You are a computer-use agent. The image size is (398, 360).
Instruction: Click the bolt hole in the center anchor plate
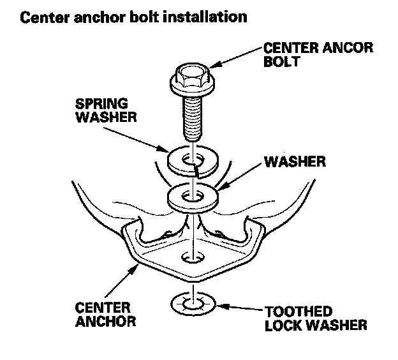[191, 258]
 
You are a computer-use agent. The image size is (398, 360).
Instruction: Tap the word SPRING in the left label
[101, 103]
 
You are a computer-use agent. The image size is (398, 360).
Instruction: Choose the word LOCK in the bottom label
[281, 325]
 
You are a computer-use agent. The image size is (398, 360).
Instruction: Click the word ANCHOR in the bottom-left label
[107, 321]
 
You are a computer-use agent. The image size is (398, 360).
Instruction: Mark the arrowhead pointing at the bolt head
[216, 64]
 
